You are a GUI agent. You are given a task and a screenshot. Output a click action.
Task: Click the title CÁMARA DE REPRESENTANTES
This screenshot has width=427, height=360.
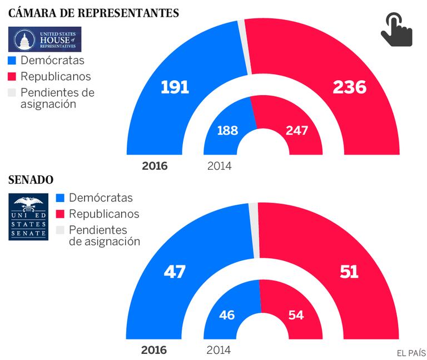94,12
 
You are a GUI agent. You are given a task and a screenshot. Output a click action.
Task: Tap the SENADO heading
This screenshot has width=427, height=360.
31,180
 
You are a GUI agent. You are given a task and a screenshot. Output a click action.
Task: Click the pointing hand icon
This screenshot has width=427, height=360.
396,31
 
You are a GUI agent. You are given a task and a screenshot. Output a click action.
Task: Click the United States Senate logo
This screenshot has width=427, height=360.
28,218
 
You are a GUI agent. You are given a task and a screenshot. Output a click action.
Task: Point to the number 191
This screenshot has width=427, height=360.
175,87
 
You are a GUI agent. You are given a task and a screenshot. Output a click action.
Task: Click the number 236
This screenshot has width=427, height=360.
349,87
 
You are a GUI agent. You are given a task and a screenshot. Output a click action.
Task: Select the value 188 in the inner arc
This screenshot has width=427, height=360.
227,131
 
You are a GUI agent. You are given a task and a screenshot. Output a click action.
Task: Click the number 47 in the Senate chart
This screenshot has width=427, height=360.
174,272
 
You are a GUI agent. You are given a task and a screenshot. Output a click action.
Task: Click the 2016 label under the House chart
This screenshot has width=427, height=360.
155,166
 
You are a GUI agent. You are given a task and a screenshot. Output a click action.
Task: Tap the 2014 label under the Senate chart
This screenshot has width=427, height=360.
219,351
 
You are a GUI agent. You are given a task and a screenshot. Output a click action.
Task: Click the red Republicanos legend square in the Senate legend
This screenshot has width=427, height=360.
61,214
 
